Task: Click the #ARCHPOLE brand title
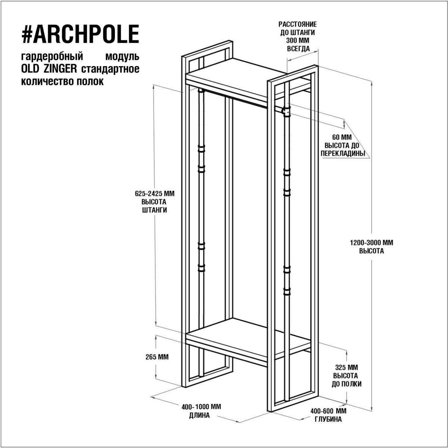coord(80,34)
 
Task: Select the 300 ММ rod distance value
coord(298,41)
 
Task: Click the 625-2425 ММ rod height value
coord(155,194)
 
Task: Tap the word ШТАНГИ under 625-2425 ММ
coord(154,210)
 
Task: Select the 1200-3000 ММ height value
coord(371,243)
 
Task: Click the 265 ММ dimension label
coord(157,357)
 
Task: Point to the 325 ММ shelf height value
coord(346,368)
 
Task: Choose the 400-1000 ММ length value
coord(201,407)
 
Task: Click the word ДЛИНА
coord(199,416)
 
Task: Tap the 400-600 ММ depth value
coord(328,411)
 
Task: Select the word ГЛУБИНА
coord(328,419)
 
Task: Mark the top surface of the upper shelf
coord(246,70)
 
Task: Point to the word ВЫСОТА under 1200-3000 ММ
coord(371,251)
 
